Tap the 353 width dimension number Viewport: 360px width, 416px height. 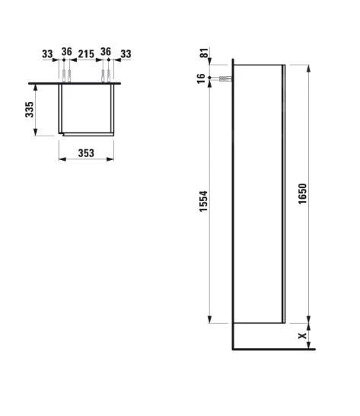(86, 153)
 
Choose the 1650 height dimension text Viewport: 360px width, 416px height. (303, 198)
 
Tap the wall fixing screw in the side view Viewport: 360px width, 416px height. (223, 79)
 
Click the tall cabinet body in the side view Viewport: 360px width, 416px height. (258, 198)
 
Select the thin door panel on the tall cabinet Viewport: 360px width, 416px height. (284, 198)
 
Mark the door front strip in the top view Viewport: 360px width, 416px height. (88, 134)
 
